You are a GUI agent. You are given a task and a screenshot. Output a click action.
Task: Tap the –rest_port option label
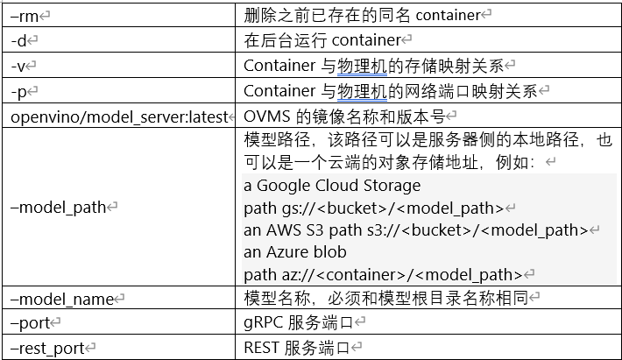coord(47,349)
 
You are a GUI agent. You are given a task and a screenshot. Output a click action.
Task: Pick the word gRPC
coord(261,323)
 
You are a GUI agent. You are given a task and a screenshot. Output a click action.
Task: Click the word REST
coord(261,349)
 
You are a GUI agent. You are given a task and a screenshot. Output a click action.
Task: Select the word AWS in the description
coord(283,230)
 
